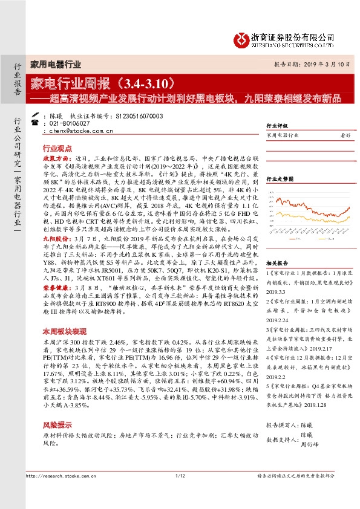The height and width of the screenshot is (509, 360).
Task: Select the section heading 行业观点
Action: point(57,148)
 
